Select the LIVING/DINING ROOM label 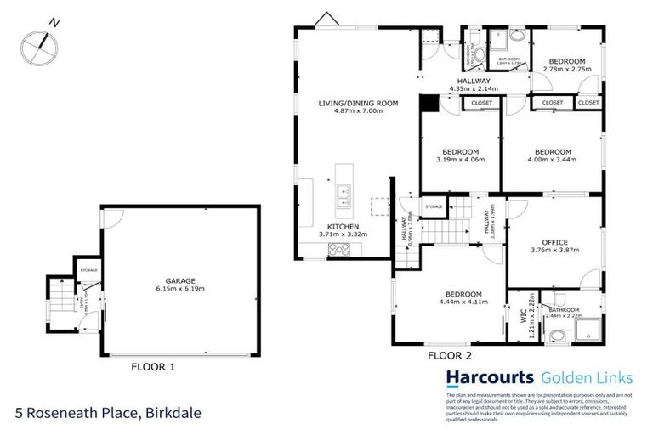358,103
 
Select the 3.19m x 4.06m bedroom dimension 459,159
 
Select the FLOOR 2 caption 449,355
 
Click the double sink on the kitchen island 345,195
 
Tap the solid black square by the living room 429,103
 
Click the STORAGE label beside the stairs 434,206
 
